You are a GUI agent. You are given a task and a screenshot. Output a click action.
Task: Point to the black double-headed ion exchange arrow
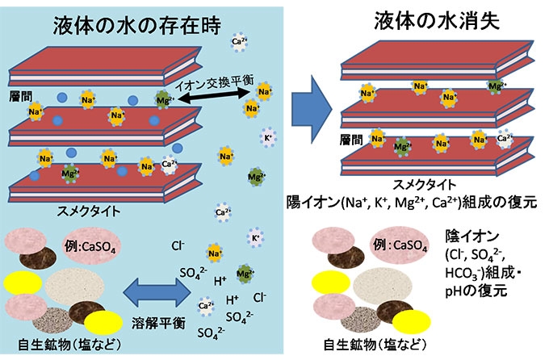[212, 97]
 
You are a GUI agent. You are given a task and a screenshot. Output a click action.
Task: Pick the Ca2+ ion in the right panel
[505, 139]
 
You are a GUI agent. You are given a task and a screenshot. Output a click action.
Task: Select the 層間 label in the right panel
[356, 140]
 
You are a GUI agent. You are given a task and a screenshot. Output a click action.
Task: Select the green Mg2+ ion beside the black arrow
[164, 98]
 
